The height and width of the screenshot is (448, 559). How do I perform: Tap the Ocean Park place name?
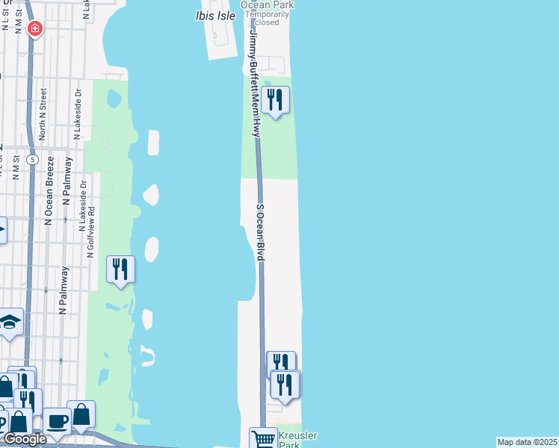pyautogui.click(x=267, y=4)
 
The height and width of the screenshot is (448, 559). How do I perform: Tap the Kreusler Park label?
pyautogui.click(x=288, y=440)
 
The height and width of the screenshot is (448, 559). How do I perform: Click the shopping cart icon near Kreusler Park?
pyautogui.click(x=262, y=439)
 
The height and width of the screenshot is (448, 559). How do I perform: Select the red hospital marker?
pyautogui.click(x=34, y=29)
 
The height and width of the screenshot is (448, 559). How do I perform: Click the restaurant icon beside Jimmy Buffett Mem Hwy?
pyautogui.click(x=276, y=99)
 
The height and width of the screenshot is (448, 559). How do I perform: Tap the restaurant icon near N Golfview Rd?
pyautogui.click(x=120, y=269)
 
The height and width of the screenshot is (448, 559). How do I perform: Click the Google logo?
pyautogui.click(x=24, y=439)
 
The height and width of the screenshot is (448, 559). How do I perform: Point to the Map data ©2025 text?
pyautogui.click(x=526, y=442)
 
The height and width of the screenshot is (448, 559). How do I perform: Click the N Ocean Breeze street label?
pyautogui.click(x=50, y=190)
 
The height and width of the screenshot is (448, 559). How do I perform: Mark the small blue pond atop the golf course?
pyautogui.click(x=114, y=99)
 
